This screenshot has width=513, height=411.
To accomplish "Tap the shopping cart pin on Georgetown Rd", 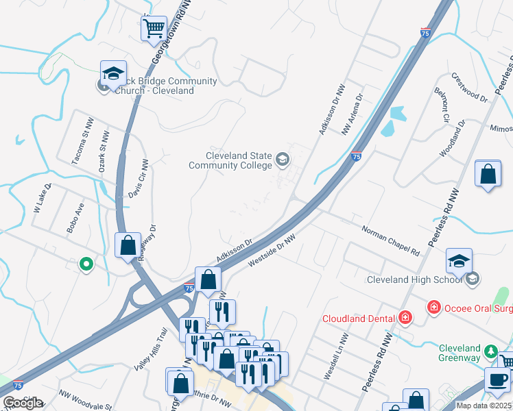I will coord(154,29).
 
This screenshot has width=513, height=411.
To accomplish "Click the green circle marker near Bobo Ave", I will coord(86,263).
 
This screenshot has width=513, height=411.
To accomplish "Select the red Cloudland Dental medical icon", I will coord(405,318).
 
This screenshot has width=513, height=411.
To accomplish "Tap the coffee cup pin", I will coord(498,379).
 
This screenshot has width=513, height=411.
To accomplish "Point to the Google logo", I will coord(23,403).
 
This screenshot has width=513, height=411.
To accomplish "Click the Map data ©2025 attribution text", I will coord(484,406).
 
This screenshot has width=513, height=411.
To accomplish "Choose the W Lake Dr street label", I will coord(42,198).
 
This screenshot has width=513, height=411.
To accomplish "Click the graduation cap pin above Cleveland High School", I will coord(459,260).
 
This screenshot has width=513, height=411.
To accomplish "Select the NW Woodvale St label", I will coord(86,400).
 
